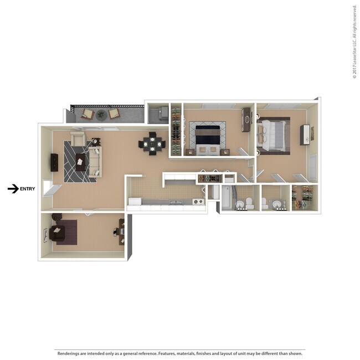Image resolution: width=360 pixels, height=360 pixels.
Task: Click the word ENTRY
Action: point(27,189)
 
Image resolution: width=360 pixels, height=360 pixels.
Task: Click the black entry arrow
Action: point(13,189)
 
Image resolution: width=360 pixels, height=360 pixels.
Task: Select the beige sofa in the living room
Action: point(95,160)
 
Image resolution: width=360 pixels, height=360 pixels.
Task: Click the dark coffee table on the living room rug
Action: point(80,162)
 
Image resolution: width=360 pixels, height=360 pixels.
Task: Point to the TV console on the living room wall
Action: point(55,162)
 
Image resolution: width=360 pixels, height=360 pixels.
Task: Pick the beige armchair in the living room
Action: point(78,140)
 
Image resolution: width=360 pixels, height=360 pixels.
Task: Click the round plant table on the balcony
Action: point(101,115)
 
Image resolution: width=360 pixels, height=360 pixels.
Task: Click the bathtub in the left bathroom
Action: point(227,198)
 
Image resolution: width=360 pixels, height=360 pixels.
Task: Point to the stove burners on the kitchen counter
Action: point(198,202)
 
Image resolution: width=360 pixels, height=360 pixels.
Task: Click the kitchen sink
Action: point(176,202)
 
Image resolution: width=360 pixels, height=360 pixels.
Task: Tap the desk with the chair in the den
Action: point(120,231)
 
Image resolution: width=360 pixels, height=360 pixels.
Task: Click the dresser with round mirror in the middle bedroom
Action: point(246,120)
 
